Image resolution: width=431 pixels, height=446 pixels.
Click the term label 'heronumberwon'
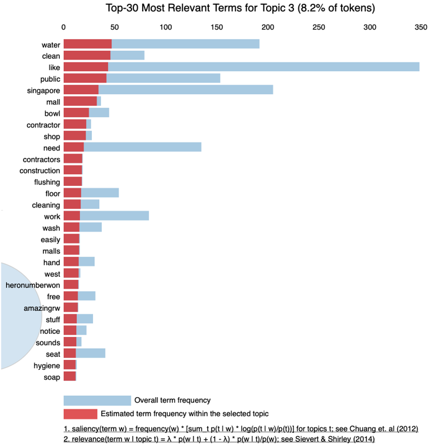(33, 285)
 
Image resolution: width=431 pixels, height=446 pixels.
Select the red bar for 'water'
(87, 45)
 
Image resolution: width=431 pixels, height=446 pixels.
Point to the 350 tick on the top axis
(420, 27)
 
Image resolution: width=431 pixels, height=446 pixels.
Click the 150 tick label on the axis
(216, 27)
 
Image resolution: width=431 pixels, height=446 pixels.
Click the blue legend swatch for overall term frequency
(97, 400)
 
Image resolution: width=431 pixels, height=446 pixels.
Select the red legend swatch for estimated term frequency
(81, 414)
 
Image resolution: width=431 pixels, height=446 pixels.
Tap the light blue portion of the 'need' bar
(143, 147)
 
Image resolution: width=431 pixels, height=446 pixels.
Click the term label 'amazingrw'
(42, 308)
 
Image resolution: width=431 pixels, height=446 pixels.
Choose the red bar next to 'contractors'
(73, 159)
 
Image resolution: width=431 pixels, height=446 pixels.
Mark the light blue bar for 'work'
(115, 216)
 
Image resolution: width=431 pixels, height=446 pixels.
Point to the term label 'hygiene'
(47, 365)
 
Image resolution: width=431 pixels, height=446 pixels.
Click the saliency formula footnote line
(241, 429)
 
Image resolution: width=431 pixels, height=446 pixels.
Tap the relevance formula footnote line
(219, 439)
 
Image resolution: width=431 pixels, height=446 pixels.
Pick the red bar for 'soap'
(69, 377)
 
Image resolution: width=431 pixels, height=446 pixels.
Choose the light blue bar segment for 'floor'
(100, 193)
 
